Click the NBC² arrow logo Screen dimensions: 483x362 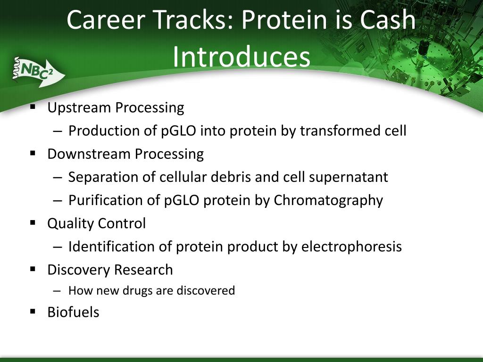pos(39,72)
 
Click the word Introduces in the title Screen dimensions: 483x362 pos(241,57)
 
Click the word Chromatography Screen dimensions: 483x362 pos(328,201)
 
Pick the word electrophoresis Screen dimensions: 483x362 pos(351,247)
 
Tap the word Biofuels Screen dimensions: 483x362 pos(73,312)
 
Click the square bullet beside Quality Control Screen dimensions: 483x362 pos(33,222)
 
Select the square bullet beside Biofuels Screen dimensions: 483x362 pos(33,312)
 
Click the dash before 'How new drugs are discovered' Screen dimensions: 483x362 pos(57,290)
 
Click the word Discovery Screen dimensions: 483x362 pos(79,270)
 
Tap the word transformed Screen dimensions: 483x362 pos(343,131)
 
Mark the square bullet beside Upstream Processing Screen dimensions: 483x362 pos(33,107)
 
